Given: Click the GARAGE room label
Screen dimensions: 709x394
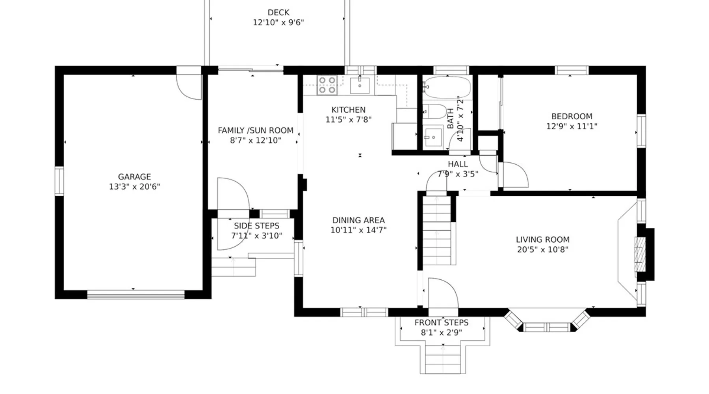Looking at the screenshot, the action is tap(134, 177).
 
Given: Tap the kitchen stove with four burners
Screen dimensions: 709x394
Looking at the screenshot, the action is tap(327, 85).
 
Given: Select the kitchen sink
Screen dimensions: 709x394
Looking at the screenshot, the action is tap(360, 85).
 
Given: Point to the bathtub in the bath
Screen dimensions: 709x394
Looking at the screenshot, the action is tap(447, 87).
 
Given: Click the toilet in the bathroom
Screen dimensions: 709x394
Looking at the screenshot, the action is tap(434, 112).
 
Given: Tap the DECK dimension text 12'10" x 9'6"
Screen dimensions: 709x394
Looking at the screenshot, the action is tap(278, 22).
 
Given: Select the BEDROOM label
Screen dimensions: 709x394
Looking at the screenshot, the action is tap(572, 116).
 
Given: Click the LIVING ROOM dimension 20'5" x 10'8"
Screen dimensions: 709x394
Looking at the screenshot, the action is tap(543, 249).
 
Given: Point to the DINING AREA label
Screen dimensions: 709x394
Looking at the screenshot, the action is tap(358, 220).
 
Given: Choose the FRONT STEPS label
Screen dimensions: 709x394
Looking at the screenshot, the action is tap(442, 323).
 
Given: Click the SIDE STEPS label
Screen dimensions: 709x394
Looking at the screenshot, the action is tap(256, 226).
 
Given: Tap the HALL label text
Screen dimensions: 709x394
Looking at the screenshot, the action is tap(458, 164).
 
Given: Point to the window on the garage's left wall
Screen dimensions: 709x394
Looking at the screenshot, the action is tap(59, 181).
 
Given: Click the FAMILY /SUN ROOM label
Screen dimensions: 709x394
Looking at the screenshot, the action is tap(256, 130).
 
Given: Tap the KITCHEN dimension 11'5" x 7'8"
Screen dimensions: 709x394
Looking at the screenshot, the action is tap(349, 120).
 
